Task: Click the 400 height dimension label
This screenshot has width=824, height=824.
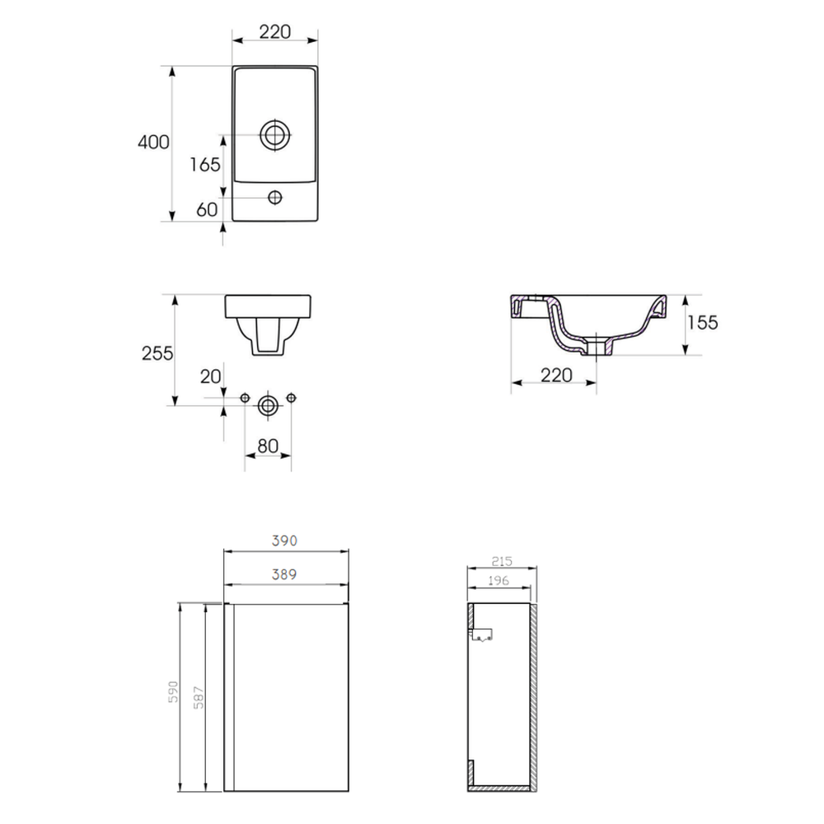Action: point(153,142)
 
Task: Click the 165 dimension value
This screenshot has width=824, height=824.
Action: point(205,165)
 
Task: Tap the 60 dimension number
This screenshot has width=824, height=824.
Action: point(207,209)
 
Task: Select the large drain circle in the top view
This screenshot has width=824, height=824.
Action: point(275,135)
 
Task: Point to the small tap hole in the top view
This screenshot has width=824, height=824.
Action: point(275,198)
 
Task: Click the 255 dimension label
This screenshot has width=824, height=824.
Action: point(157,353)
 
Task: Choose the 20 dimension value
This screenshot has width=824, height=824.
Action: point(210,377)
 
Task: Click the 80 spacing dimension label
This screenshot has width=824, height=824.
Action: point(268,446)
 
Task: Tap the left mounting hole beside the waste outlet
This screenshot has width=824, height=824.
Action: point(245,398)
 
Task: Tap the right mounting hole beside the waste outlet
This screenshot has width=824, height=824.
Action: point(291,398)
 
